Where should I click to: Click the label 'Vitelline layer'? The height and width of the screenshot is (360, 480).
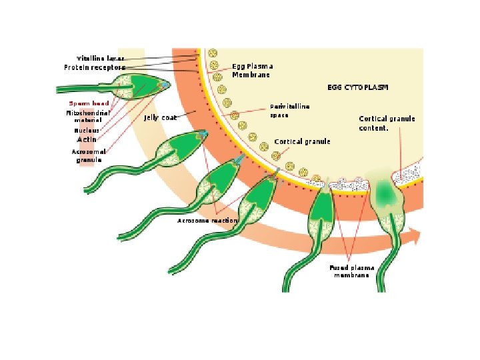[x=100, y=58]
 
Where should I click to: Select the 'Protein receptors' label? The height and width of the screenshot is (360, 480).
[x=95, y=67]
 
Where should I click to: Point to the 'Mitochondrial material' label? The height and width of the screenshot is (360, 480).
[x=83, y=117]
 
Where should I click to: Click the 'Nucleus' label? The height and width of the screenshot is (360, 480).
[x=87, y=131]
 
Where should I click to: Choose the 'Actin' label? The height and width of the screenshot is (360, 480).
[x=87, y=140]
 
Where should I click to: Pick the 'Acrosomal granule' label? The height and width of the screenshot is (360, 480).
[x=88, y=155]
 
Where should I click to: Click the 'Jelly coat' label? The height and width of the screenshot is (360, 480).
[x=160, y=118]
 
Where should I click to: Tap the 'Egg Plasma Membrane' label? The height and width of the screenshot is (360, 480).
[x=252, y=71]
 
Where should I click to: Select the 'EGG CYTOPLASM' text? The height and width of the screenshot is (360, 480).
[x=357, y=87]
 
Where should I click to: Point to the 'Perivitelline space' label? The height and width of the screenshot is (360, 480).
[x=289, y=110]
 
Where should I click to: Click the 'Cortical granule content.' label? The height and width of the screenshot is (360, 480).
[x=387, y=123]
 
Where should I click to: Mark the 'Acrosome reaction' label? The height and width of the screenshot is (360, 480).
[x=207, y=221]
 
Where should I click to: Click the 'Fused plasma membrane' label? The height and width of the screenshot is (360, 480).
[x=351, y=271]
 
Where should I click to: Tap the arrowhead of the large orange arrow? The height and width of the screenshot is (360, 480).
[x=415, y=234]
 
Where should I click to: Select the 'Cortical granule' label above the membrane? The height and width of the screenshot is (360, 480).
[x=302, y=142]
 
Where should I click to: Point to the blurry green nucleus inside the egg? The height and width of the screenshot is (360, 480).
[x=385, y=193]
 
